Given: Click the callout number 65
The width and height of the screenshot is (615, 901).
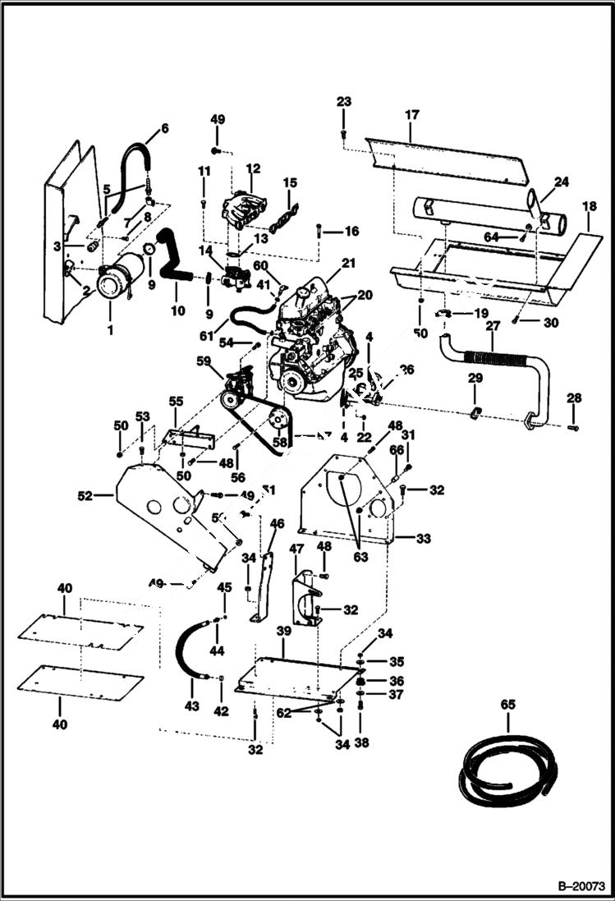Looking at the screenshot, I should tap(507, 705).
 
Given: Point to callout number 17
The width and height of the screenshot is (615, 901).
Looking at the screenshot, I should tap(411, 117).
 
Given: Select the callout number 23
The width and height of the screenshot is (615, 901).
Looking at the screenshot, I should tap(343, 102).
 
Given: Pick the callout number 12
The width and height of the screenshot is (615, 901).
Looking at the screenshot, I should tap(252, 168).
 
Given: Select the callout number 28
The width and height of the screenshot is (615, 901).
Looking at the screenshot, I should tap(574, 398).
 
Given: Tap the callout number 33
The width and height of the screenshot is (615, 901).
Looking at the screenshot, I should tap(424, 539).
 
